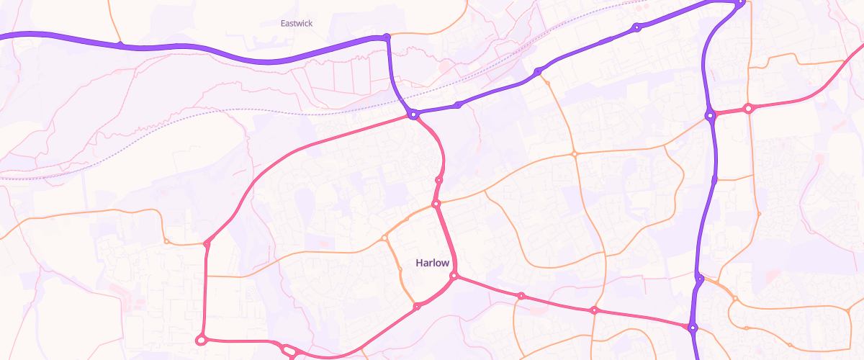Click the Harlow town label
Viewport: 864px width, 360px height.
[x=432, y=263]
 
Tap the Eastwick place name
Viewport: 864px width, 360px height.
[x=296, y=23]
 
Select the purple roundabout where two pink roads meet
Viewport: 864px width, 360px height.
[x=413, y=114]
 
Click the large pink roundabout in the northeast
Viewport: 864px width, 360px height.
[x=748, y=109]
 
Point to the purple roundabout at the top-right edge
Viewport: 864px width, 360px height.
[x=739, y=4]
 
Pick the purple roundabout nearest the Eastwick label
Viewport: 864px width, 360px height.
[x=387, y=37]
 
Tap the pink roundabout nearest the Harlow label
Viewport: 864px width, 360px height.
[x=454, y=276]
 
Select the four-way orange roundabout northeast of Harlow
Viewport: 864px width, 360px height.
[x=574, y=154]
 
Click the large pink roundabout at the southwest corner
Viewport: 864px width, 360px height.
[x=202, y=339]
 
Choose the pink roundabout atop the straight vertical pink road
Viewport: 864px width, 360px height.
[x=207, y=244]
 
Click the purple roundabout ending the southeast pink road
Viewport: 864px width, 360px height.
[x=693, y=328]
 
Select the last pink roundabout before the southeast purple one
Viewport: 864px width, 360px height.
[x=593, y=310]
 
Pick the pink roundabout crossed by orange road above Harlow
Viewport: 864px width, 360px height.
[x=436, y=205]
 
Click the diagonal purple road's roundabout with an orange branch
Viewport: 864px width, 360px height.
[x=537, y=72]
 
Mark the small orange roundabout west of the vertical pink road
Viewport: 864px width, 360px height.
[x=166, y=241]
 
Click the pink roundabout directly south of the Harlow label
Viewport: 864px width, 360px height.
[x=417, y=307]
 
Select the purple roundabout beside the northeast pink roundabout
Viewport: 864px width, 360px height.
[x=710, y=115]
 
